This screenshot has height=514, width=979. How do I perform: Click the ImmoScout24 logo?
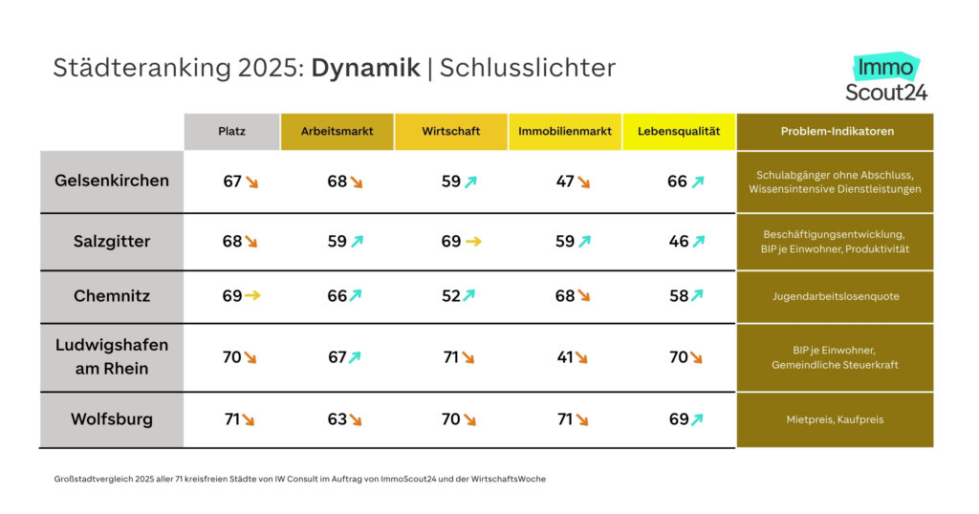(886, 79)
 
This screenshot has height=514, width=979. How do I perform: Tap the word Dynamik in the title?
(365, 68)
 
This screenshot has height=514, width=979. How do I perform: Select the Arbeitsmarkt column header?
(337, 131)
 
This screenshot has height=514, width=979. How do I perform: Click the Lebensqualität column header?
(678, 131)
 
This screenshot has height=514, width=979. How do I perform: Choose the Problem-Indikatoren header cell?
(835, 131)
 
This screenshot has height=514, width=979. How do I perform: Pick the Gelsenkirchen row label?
(112, 180)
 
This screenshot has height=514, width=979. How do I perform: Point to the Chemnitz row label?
(112, 296)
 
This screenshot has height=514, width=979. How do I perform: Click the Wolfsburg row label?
(112, 418)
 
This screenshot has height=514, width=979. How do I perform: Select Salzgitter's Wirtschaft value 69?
(451, 242)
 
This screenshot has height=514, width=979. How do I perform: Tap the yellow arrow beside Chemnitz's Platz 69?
(252, 296)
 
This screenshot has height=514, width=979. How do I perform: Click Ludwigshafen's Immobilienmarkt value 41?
(565, 357)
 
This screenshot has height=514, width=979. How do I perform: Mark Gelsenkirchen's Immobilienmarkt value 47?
(565, 181)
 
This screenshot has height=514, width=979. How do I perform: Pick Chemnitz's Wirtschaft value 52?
(451, 296)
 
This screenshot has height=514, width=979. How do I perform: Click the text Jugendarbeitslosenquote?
(835, 296)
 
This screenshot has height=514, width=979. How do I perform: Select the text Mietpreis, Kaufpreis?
(835, 418)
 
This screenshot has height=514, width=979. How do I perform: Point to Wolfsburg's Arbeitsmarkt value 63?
(337, 418)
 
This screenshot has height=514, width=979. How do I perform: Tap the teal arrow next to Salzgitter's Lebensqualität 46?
(698, 242)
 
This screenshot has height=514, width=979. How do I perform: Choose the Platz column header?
(231, 131)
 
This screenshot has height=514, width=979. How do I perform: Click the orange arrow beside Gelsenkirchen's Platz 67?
(252, 181)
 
